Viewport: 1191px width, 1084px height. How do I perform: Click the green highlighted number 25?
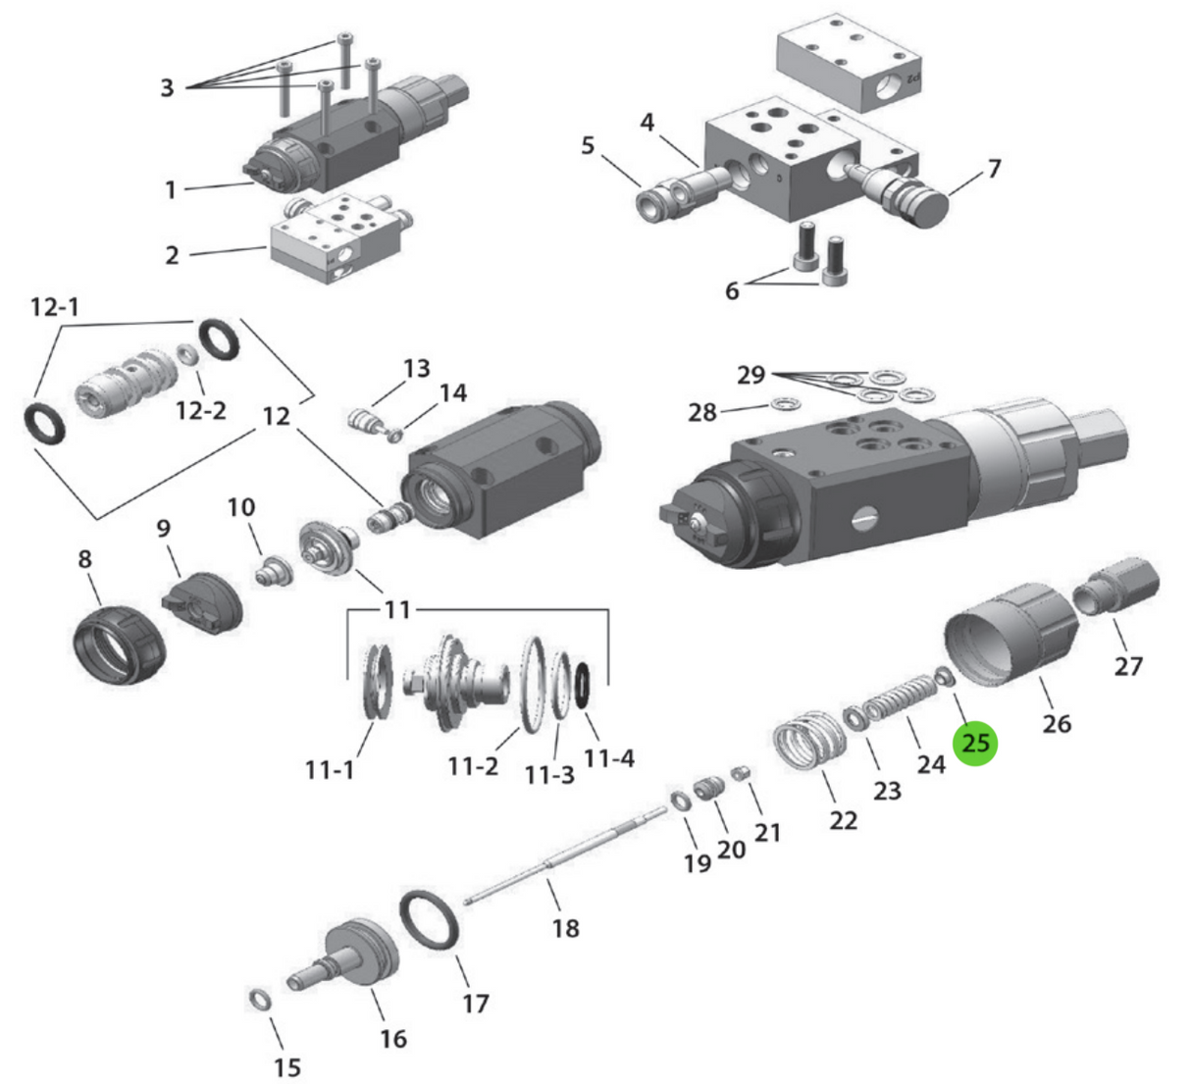(x=975, y=743)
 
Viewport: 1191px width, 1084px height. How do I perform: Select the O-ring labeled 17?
(x=431, y=920)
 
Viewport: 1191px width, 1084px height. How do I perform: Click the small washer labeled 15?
(x=260, y=999)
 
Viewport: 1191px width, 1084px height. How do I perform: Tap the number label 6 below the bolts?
(x=732, y=290)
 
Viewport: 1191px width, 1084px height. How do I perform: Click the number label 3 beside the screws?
(x=167, y=88)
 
